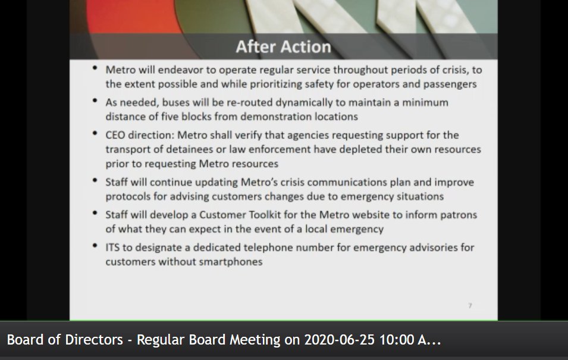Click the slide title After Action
tap(283, 46)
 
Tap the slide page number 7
tap(470, 306)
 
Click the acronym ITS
tap(114, 247)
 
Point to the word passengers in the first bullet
tap(448, 84)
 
